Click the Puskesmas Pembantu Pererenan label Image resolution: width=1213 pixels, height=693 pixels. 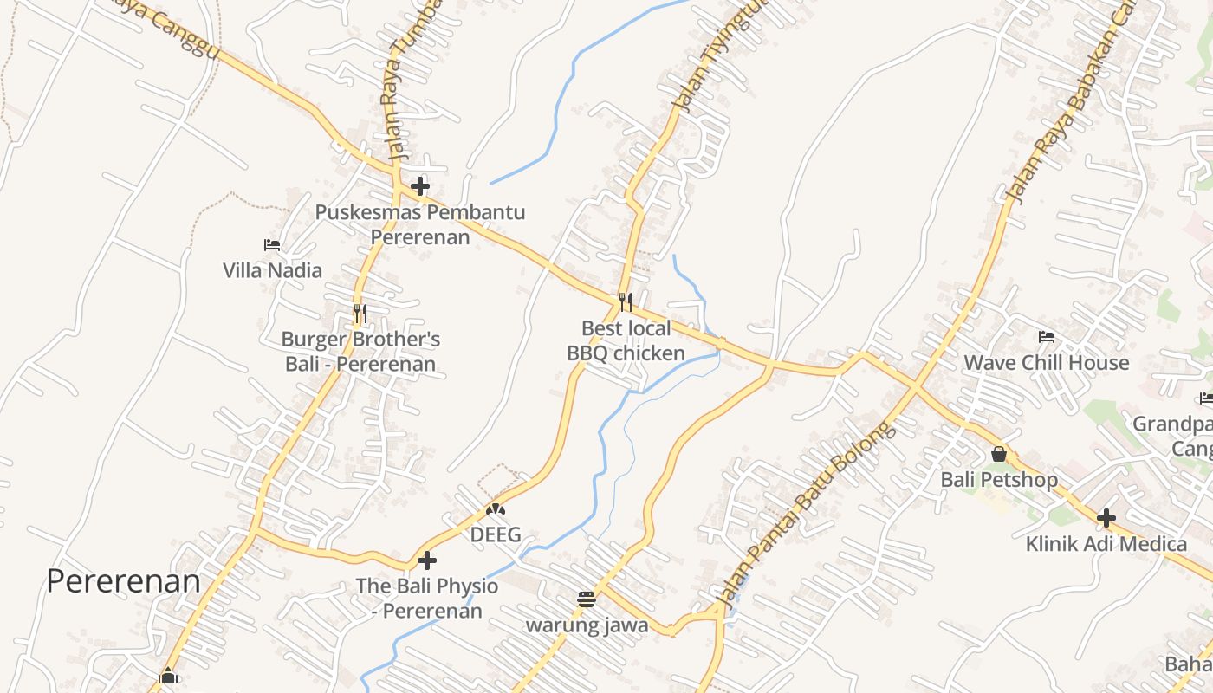pyautogui.click(x=420, y=224)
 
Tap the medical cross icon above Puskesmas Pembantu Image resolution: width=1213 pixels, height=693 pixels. pyautogui.click(x=420, y=186)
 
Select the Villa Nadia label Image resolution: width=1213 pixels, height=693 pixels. pyautogui.click(x=272, y=270)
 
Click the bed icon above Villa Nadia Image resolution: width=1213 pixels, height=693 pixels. pyautogui.click(x=272, y=245)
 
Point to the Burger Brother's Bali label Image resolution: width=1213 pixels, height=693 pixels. pyautogui.click(x=360, y=351)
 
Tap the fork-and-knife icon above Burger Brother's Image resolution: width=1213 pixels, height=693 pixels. pyautogui.click(x=360, y=313)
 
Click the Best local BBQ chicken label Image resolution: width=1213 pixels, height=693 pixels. pyautogui.click(x=626, y=340)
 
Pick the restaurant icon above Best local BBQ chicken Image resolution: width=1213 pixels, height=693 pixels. pyautogui.click(x=626, y=302)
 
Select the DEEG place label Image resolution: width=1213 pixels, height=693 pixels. pyautogui.click(x=496, y=534)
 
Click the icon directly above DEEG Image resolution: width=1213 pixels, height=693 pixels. pyautogui.click(x=496, y=510)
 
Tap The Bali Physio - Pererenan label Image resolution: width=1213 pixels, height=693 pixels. pyautogui.click(x=427, y=598)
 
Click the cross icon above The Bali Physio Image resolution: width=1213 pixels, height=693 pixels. pyautogui.click(x=427, y=560)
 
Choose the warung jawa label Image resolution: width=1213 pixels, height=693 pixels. pyautogui.click(x=587, y=625)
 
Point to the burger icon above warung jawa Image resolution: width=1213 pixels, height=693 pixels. pyautogui.click(x=587, y=599)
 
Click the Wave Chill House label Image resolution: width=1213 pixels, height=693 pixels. pyautogui.click(x=1047, y=362)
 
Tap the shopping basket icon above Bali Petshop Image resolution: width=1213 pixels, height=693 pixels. pyautogui.click(x=999, y=454)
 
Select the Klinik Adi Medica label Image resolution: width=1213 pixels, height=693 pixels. pyautogui.click(x=1106, y=544)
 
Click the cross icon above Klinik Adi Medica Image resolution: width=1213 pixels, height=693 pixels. pyautogui.click(x=1106, y=519)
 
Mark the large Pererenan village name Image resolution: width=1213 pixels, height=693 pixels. pyautogui.click(x=123, y=580)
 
